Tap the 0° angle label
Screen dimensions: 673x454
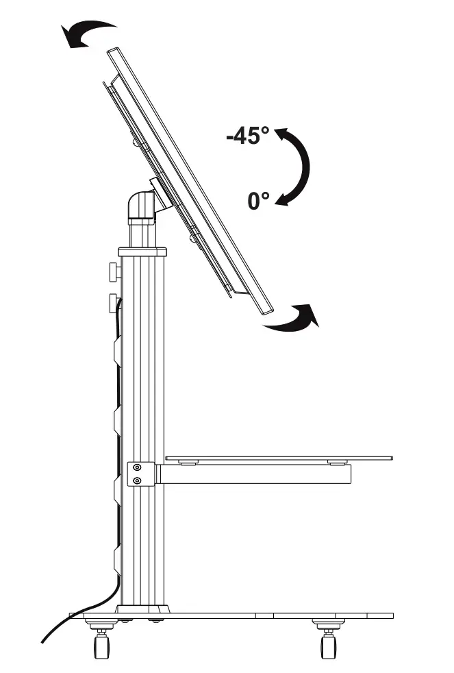click(x=259, y=201)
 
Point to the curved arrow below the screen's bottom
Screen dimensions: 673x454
click(x=292, y=319)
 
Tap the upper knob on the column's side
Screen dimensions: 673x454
click(x=114, y=272)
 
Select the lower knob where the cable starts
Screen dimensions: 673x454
click(x=114, y=302)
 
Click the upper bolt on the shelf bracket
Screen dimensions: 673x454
click(x=138, y=468)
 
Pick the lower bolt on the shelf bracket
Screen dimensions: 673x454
click(x=138, y=480)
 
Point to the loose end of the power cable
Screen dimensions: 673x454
click(x=45, y=641)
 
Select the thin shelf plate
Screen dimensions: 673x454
click(x=279, y=457)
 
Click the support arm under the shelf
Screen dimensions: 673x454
click(x=253, y=474)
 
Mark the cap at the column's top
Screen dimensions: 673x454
click(x=142, y=252)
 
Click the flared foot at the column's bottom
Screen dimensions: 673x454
click(x=142, y=609)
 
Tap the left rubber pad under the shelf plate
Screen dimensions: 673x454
click(x=186, y=463)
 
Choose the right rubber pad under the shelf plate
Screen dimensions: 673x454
click(x=336, y=463)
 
